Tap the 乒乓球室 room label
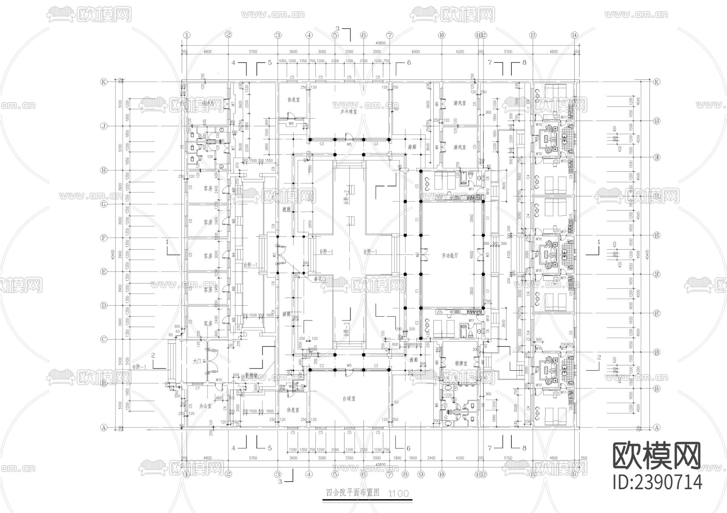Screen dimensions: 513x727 (349, 111)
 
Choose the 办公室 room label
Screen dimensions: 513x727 (206, 407)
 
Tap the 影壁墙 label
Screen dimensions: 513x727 (251, 374)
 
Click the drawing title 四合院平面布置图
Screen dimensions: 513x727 (353, 492)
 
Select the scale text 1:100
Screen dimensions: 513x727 (398, 493)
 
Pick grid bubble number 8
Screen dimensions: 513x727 (406, 475)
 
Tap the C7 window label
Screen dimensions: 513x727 (198, 388)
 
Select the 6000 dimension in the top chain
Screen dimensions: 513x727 (416, 52)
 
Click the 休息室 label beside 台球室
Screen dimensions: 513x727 (293, 410)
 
